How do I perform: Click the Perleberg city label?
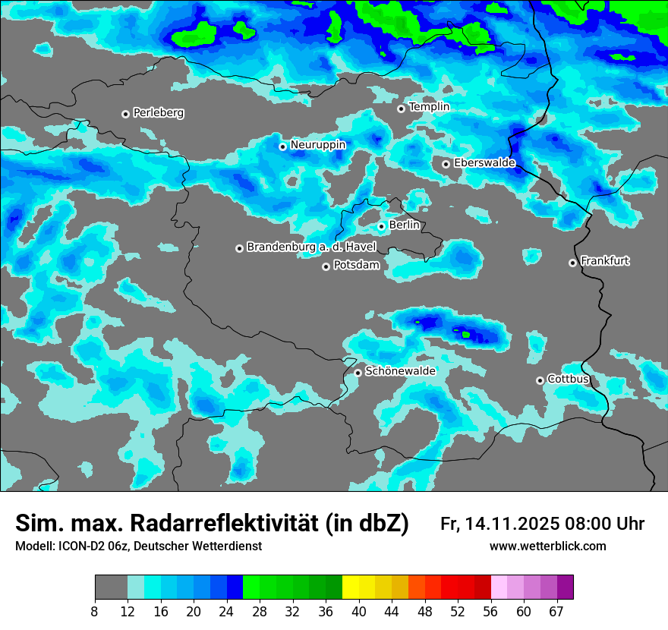[x=159, y=113]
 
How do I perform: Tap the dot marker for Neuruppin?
[x=282, y=146]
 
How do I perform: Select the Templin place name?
[x=430, y=107]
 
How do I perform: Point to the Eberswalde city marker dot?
[x=446, y=164]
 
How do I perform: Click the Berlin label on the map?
[x=404, y=225]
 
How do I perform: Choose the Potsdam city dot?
[x=326, y=266]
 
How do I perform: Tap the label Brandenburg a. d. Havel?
[x=301, y=247]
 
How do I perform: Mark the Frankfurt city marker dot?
[x=572, y=263]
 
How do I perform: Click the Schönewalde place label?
[x=401, y=371]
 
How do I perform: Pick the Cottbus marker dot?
[x=540, y=380]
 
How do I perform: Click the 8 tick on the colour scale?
[x=95, y=610]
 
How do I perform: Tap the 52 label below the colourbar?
[x=457, y=610]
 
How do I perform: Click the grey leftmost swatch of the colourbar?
[x=111, y=587]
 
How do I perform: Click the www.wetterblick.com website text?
[x=548, y=547]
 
